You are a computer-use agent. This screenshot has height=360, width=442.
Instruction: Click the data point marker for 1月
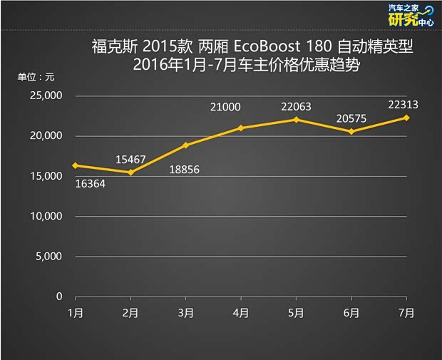(75, 165)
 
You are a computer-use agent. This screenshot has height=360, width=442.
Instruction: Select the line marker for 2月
(130, 173)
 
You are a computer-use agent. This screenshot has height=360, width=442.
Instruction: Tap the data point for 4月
(241, 128)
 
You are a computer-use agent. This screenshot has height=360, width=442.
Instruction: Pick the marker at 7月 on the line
(406, 118)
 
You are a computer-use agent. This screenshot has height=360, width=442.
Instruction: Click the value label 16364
(91, 182)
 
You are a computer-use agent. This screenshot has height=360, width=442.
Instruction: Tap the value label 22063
(297, 106)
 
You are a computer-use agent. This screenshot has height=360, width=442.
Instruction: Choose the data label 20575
(350, 115)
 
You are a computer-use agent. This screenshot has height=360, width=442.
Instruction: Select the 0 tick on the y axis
(60, 297)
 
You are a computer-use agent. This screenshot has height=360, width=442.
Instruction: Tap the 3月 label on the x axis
(185, 312)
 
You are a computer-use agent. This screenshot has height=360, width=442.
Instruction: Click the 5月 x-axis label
(296, 312)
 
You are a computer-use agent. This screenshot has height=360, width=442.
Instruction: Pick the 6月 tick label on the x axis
(351, 312)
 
